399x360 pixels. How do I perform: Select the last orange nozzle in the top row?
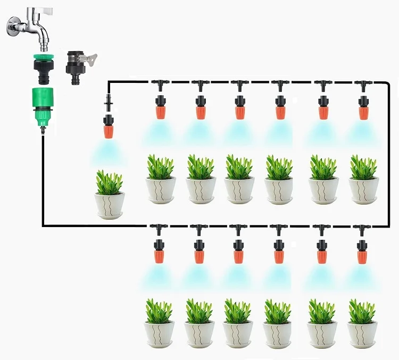click(364, 112)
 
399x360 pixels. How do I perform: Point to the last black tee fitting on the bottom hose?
click(362, 229)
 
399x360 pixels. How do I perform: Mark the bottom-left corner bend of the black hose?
click(43, 225)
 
